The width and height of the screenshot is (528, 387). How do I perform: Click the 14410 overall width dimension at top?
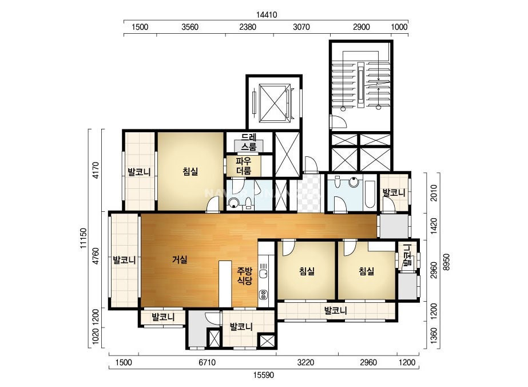[267, 15]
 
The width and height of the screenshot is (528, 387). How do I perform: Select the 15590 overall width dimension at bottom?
[264, 375]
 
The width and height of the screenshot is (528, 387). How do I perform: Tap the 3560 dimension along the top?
[190, 27]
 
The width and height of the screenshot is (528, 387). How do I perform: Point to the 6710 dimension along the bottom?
[207, 363]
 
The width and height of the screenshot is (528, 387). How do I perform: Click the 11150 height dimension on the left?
[84, 238]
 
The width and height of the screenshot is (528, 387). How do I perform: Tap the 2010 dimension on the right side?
[434, 193]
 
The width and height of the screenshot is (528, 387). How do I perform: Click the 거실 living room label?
[180, 259]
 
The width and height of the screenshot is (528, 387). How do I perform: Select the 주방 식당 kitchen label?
[245, 276]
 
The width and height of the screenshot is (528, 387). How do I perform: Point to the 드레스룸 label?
[249, 142]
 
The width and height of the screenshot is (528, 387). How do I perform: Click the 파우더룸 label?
[244, 166]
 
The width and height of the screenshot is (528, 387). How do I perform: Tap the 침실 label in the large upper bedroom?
[190, 171]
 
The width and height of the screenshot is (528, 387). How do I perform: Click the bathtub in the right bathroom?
[369, 195]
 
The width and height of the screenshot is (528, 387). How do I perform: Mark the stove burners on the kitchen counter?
[263, 295]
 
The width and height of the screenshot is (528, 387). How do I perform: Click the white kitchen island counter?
[225, 283]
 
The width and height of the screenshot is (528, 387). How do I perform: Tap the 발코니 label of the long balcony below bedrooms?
[335, 310]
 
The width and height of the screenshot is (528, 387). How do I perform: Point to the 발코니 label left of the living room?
[124, 260]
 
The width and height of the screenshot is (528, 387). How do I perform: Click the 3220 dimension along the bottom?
[305, 363]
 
